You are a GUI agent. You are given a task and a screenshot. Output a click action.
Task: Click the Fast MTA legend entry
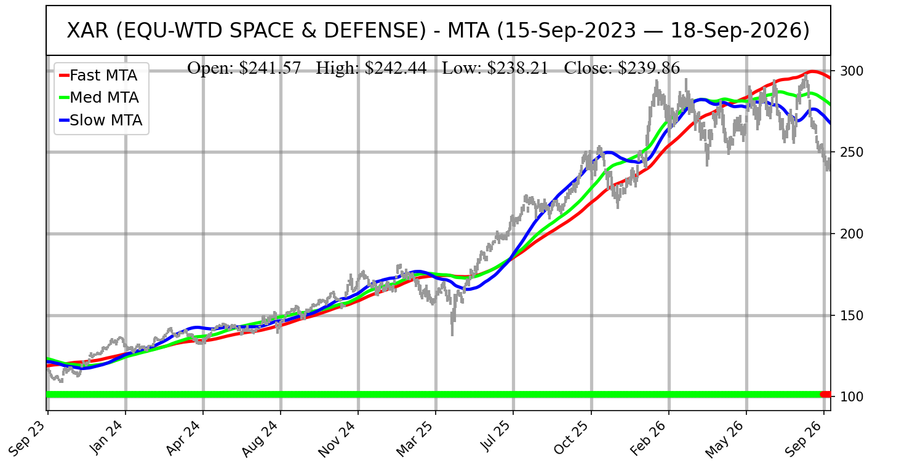pos(98,76)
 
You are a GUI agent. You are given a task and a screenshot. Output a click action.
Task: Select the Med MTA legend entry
pos(99,98)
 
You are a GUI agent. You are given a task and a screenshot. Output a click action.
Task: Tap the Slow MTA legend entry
pos(101,120)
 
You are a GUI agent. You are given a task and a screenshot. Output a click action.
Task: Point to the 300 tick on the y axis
pos(852,71)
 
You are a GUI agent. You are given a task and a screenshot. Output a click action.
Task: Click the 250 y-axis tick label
pos(852,152)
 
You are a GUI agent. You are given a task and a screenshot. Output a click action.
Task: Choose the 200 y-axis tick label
pos(852,234)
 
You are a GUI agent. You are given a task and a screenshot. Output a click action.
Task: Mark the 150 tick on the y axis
pos(852,315)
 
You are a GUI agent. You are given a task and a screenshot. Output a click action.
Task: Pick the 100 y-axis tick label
pos(852,396)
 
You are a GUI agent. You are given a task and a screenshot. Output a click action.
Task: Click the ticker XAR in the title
pos(87,31)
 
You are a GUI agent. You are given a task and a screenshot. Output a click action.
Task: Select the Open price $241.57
pos(270,68)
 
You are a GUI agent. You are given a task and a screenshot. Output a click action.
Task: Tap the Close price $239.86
pos(649,68)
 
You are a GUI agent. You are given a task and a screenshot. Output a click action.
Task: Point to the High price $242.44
pos(396,68)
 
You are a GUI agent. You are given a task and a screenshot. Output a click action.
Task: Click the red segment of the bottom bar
pos(825,395)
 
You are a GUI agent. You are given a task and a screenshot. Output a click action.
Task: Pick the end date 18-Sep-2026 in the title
pos(740,31)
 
